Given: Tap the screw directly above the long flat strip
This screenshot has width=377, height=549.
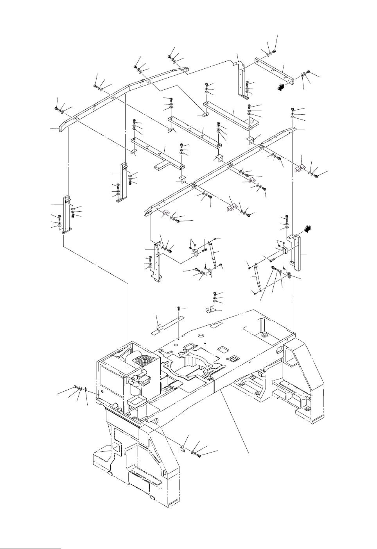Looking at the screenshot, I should (179, 310).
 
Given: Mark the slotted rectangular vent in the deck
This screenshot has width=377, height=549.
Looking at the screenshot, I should (235, 359).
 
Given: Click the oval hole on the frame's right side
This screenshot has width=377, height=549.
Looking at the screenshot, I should (279, 348).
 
